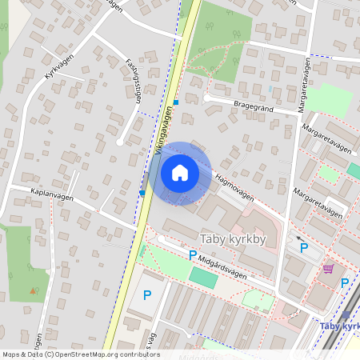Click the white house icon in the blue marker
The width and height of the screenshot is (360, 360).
click(x=180, y=173)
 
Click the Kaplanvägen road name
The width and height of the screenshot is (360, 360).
click(x=52, y=195)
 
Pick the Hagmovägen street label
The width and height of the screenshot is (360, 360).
click(x=234, y=192)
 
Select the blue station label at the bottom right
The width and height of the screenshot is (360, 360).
click(x=339, y=326)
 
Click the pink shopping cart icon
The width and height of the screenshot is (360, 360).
click(x=327, y=269)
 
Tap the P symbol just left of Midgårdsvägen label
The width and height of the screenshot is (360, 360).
click(x=192, y=255)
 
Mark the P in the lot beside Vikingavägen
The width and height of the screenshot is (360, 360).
click(x=147, y=295)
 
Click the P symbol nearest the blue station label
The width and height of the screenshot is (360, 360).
click(x=345, y=282)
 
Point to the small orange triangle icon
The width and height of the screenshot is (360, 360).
click(x=33, y=290)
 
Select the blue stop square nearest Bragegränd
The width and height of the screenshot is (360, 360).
click(x=176, y=102)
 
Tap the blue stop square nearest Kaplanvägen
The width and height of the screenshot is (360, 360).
click(x=142, y=193)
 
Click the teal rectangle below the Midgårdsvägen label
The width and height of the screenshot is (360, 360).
click(x=202, y=278)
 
